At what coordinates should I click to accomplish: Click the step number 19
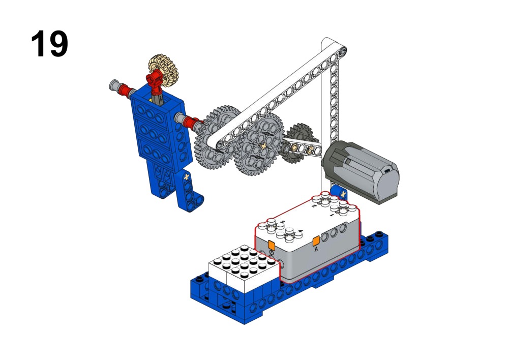pyautogui.click(x=49, y=44)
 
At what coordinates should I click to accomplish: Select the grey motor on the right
pyautogui.click(x=361, y=171)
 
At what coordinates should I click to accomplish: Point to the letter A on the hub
pyautogui.click(x=316, y=249)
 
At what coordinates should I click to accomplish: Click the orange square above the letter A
pyautogui.click(x=316, y=242)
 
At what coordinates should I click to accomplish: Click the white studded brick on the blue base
pyautogui.click(x=244, y=268)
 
